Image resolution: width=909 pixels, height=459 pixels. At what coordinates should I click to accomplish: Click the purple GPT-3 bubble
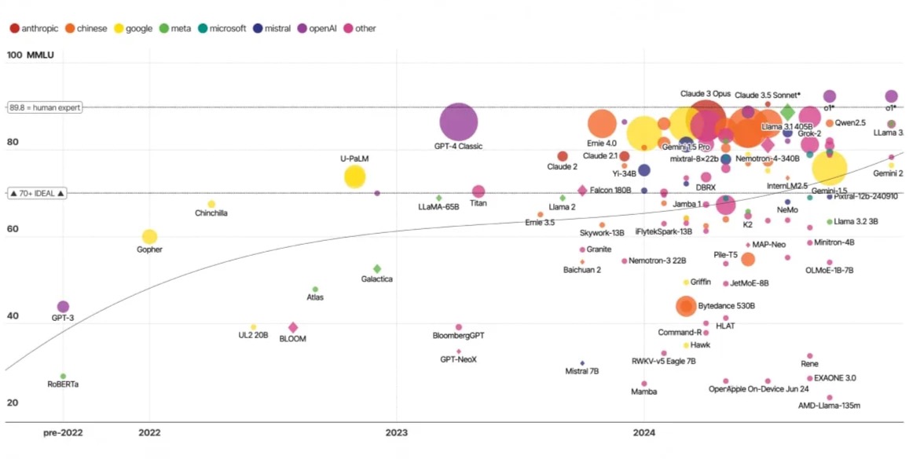(x=63, y=307)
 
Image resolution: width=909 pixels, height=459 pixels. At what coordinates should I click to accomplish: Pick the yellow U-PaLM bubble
(x=355, y=177)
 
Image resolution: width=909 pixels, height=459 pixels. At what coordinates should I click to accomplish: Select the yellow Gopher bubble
(x=149, y=237)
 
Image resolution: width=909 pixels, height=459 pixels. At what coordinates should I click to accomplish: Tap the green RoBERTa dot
(x=63, y=377)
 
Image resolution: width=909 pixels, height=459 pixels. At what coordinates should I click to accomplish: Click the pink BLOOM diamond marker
(x=293, y=328)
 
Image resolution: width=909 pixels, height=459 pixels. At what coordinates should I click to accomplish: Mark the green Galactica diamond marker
(x=377, y=269)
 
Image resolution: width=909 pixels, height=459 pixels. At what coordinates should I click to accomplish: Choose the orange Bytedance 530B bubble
(x=686, y=306)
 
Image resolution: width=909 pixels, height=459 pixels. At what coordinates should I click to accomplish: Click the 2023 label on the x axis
(x=397, y=432)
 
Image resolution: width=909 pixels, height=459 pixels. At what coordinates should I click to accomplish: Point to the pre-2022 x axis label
(x=63, y=432)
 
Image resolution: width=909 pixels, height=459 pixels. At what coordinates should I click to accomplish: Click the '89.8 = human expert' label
(x=45, y=107)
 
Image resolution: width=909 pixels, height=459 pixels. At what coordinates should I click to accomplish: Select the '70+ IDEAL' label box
(x=37, y=192)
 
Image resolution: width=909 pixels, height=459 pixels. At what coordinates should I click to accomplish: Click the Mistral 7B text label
(x=582, y=371)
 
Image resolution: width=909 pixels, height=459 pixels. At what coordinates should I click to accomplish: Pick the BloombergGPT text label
(x=459, y=336)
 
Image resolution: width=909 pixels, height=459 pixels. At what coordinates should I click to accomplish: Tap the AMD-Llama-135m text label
(x=829, y=406)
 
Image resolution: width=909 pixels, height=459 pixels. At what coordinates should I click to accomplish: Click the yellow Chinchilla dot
(x=211, y=204)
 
